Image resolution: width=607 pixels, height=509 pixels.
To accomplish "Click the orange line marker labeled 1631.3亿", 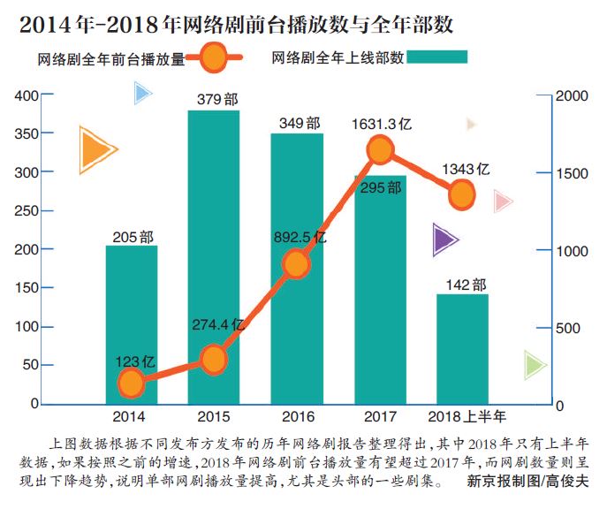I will (x=380, y=150).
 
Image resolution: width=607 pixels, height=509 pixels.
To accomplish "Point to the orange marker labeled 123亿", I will (x=131, y=384).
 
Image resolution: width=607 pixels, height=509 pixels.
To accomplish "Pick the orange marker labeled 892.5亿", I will (x=297, y=263).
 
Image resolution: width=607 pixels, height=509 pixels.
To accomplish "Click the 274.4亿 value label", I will (x=217, y=325).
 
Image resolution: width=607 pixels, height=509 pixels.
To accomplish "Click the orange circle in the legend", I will (x=213, y=59).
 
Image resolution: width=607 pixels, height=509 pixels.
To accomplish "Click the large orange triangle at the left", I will (x=95, y=150).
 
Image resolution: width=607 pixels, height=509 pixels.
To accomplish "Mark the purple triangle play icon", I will (x=444, y=239).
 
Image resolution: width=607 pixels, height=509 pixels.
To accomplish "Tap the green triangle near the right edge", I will (x=534, y=364).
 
